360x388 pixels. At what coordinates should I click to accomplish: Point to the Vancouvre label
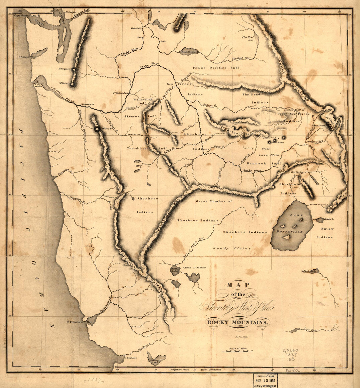tap(87, 104)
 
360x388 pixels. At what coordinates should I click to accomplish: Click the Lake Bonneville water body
tap(292, 226)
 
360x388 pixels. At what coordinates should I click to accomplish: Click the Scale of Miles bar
tap(237, 351)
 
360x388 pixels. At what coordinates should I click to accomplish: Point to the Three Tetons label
tap(319, 126)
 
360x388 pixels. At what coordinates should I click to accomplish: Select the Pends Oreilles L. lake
tap(189, 52)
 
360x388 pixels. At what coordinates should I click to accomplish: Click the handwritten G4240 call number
tap(291, 350)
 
